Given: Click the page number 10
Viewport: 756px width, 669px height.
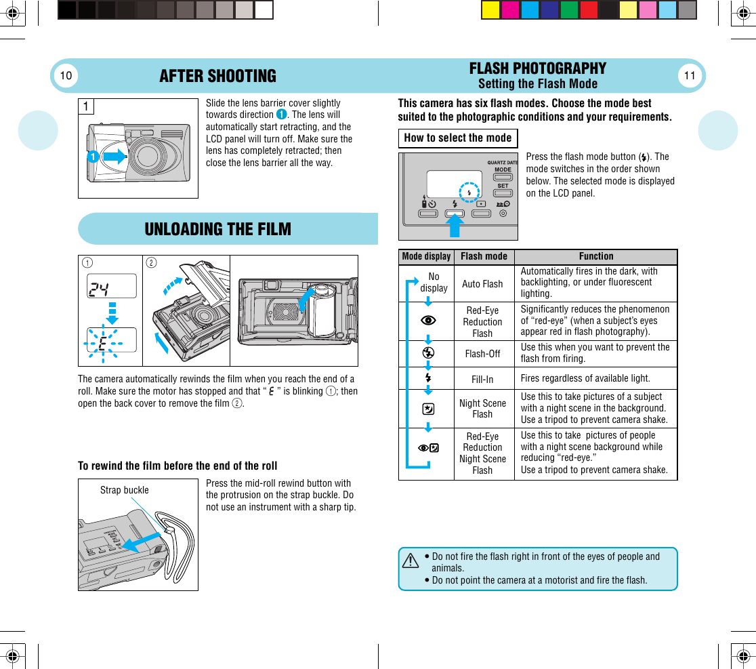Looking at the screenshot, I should tap(66, 76).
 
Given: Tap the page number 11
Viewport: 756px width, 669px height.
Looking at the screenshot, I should tap(690, 76).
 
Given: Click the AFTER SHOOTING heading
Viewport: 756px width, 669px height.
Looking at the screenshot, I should tap(217, 76).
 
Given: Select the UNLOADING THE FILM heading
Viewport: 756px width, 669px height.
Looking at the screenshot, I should tap(217, 229).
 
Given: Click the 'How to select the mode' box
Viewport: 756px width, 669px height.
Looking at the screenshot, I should tap(457, 138).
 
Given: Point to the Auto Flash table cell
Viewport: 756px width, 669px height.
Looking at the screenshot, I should tap(482, 284).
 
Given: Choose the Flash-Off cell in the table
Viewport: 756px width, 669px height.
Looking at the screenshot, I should tap(482, 354).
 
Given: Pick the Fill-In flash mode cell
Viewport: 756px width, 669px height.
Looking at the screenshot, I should tap(482, 380).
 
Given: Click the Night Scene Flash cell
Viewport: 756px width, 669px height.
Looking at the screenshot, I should tap(482, 409).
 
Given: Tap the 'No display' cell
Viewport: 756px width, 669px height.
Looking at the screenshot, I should tap(434, 283).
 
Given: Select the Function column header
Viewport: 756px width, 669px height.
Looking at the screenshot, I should tap(595, 256).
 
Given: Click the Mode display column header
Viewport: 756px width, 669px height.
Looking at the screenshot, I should tap(426, 256).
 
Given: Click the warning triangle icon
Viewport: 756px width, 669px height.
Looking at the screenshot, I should tap(409, 561).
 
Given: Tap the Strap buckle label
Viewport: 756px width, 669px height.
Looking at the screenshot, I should tap(124, 490).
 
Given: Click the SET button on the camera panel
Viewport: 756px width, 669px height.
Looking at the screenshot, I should tap(503, 185).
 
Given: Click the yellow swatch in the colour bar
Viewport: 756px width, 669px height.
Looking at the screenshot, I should tap(490, 10).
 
